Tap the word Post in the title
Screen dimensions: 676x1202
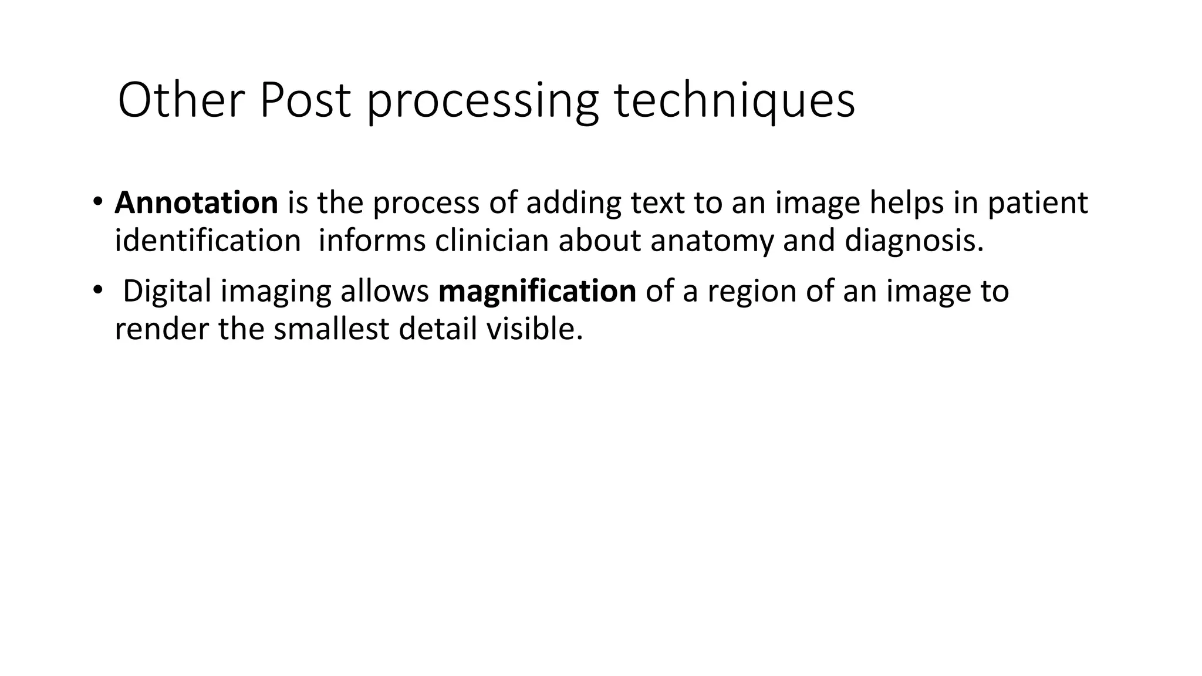click(305, 101)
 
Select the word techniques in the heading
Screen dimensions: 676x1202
click(734, 101)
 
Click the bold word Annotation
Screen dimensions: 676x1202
click(196, 203)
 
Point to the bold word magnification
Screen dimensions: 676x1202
click(537, 292)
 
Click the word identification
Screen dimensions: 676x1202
click(208, 241)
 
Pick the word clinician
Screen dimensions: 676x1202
click(492, 241)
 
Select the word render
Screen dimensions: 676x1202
click(161, 329)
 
